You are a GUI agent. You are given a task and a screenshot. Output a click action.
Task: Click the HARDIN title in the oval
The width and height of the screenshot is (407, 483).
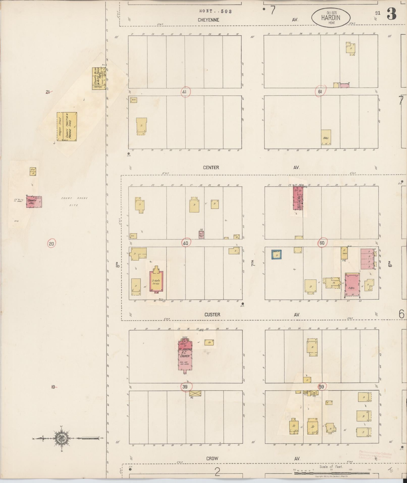pyautogui.click(x=331, y=18)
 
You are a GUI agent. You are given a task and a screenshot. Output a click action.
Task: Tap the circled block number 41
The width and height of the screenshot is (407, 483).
pyautogui.click(x=186, y=92)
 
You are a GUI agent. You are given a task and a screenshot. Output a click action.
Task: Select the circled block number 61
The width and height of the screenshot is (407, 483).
pyautogui.click(x=320, y=91)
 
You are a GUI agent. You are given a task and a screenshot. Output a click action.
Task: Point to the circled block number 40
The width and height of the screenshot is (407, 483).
pyautogui.click(x=186, y=243)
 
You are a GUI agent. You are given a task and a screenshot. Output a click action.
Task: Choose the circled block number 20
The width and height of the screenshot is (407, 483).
pyautogui.click(x=51, y=244)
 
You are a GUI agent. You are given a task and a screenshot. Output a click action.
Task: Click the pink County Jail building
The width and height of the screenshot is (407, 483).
pyautogui.click(x=34, y=202)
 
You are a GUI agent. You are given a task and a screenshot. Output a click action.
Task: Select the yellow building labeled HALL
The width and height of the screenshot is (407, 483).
pyautogui.click(x=326, y=137)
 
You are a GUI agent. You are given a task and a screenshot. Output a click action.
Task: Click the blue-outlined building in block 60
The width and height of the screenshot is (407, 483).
pyautogui.click(x=277, y=255)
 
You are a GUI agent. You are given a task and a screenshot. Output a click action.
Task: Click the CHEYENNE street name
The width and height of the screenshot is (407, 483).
pyautogui.click(x=208, y=20)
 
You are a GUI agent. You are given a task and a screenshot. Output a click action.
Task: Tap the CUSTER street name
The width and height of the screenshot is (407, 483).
pyautogui.click(x=212, y=315)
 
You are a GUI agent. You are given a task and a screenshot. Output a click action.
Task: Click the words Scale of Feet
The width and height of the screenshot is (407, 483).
pyautogui.click(x=331, y=467)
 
